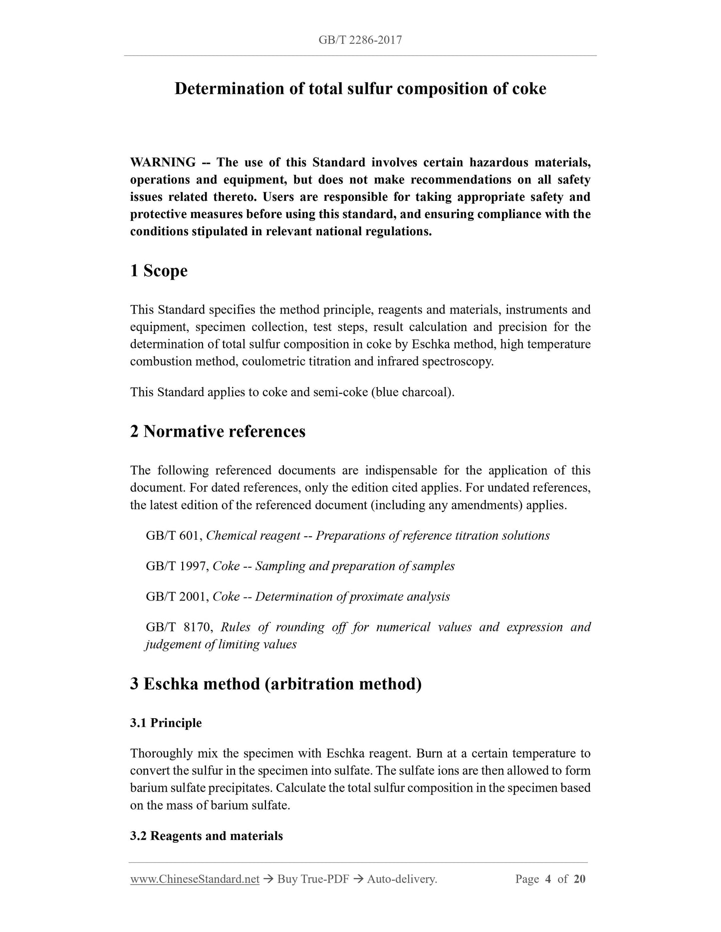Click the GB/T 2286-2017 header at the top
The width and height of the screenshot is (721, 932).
pos(360,40)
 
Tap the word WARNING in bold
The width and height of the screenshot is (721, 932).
pos(163,162)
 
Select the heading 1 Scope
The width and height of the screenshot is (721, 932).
pos(159,271)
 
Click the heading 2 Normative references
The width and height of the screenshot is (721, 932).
pos(218,431)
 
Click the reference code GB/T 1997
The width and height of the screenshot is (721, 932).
pos(177,566)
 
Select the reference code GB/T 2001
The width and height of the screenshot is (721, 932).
pos(177,597)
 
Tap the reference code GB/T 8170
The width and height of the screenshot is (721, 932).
pos(177,627)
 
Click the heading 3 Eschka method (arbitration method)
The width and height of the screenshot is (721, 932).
pos(276,684)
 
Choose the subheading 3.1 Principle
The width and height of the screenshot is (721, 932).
pos(166,723)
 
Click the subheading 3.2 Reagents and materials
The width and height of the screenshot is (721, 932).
pos(207,836)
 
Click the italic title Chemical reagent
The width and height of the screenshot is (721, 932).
pos(253,536)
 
